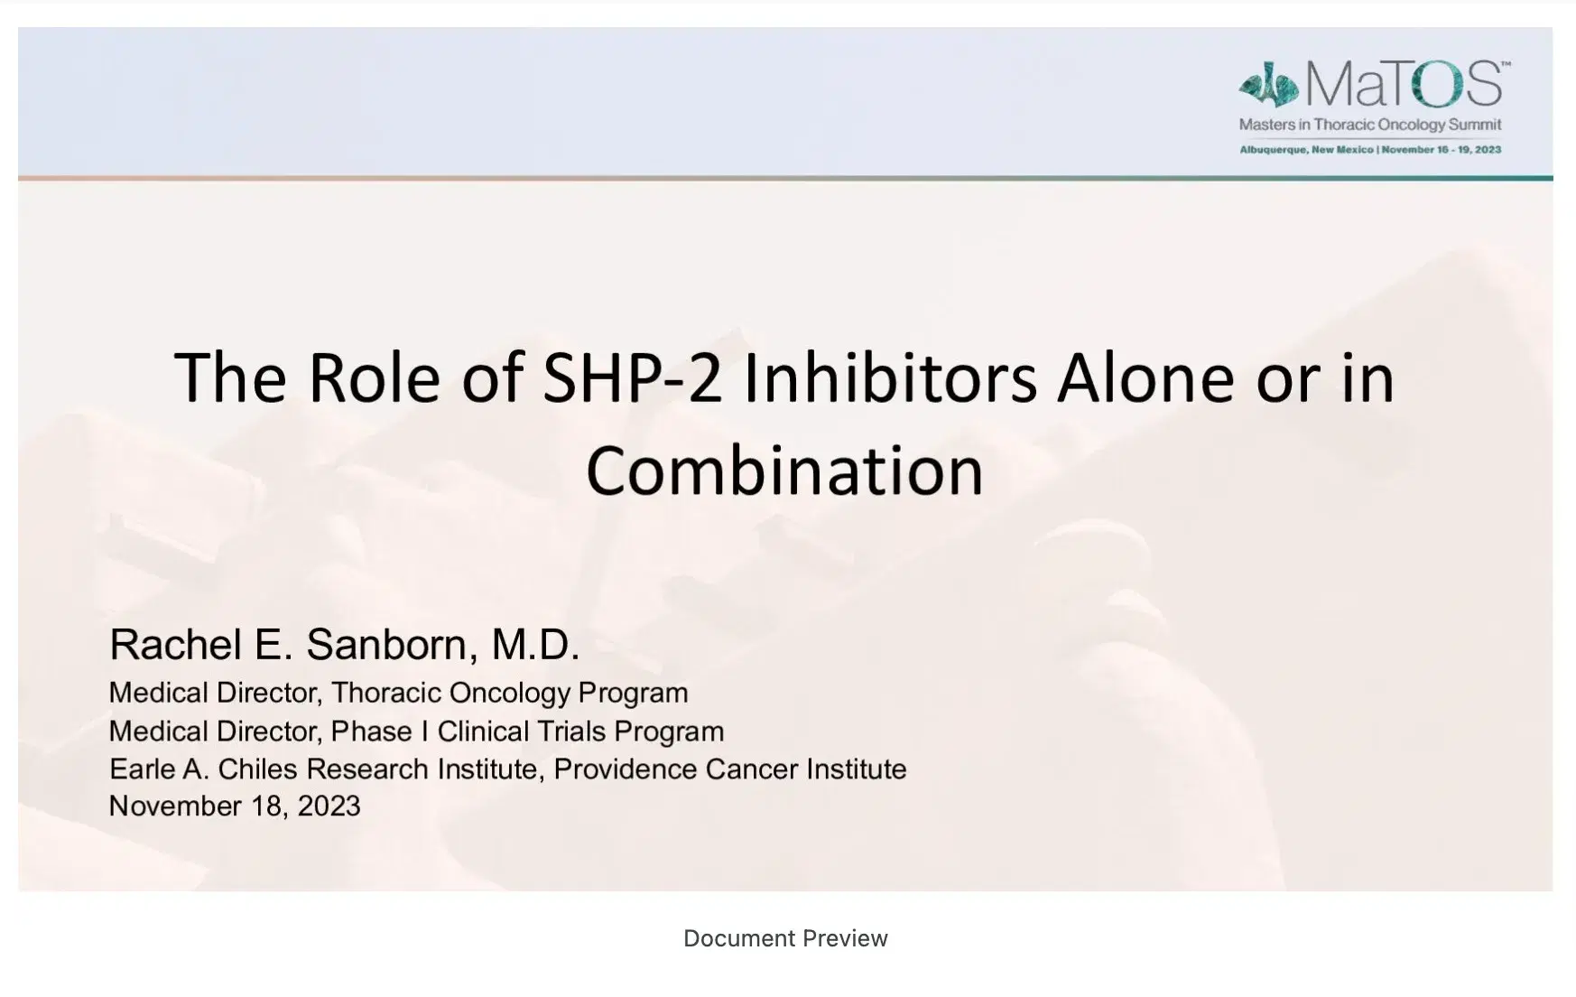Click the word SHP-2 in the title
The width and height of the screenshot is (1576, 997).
(x=632, y=377)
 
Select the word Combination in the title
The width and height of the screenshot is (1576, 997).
(x=784, y=471)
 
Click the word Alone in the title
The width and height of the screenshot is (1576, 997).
(x=1144, y=377)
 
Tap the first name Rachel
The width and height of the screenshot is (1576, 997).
(x=175, y=645)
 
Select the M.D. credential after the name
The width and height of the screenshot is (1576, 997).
(x=534, y=645)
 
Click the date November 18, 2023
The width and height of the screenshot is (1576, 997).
(x=235, y=806)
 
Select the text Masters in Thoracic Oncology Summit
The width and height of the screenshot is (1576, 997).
(x=1369, y=125)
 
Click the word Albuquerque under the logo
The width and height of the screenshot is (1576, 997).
(x=1274, y=150)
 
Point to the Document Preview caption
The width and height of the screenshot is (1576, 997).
(x=785, y=938)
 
